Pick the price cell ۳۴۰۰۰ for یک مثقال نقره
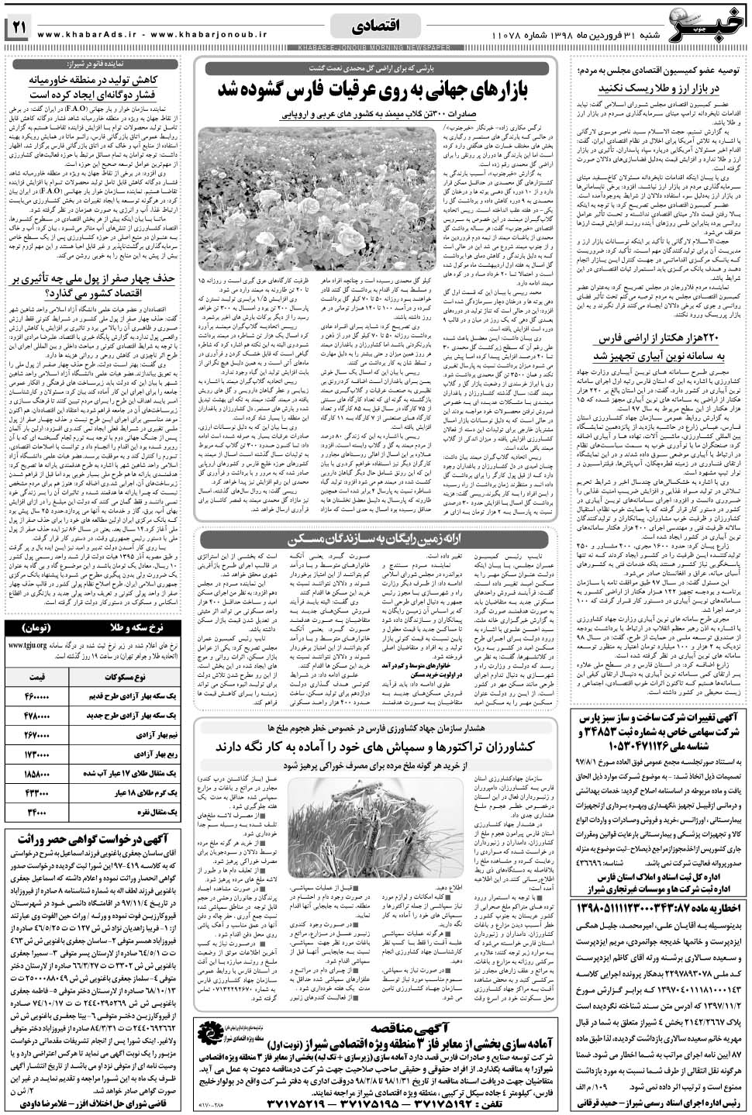(36, 813)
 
